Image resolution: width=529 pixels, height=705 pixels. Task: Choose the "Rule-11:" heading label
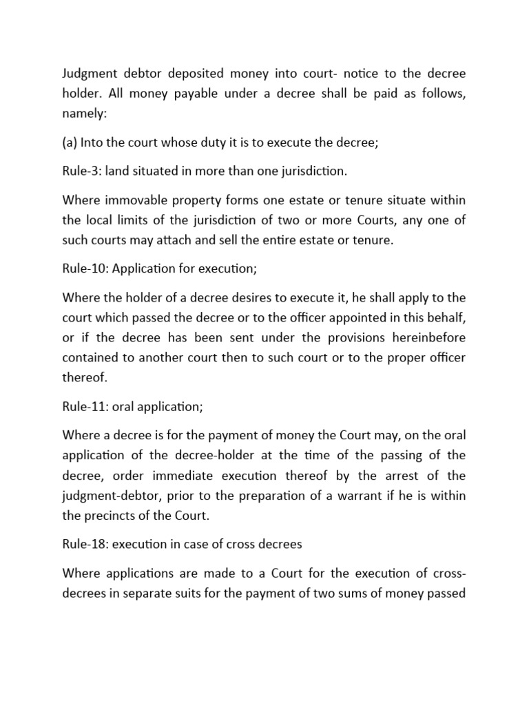click(84, 407)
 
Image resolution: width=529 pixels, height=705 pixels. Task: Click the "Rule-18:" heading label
click(85, 545)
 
